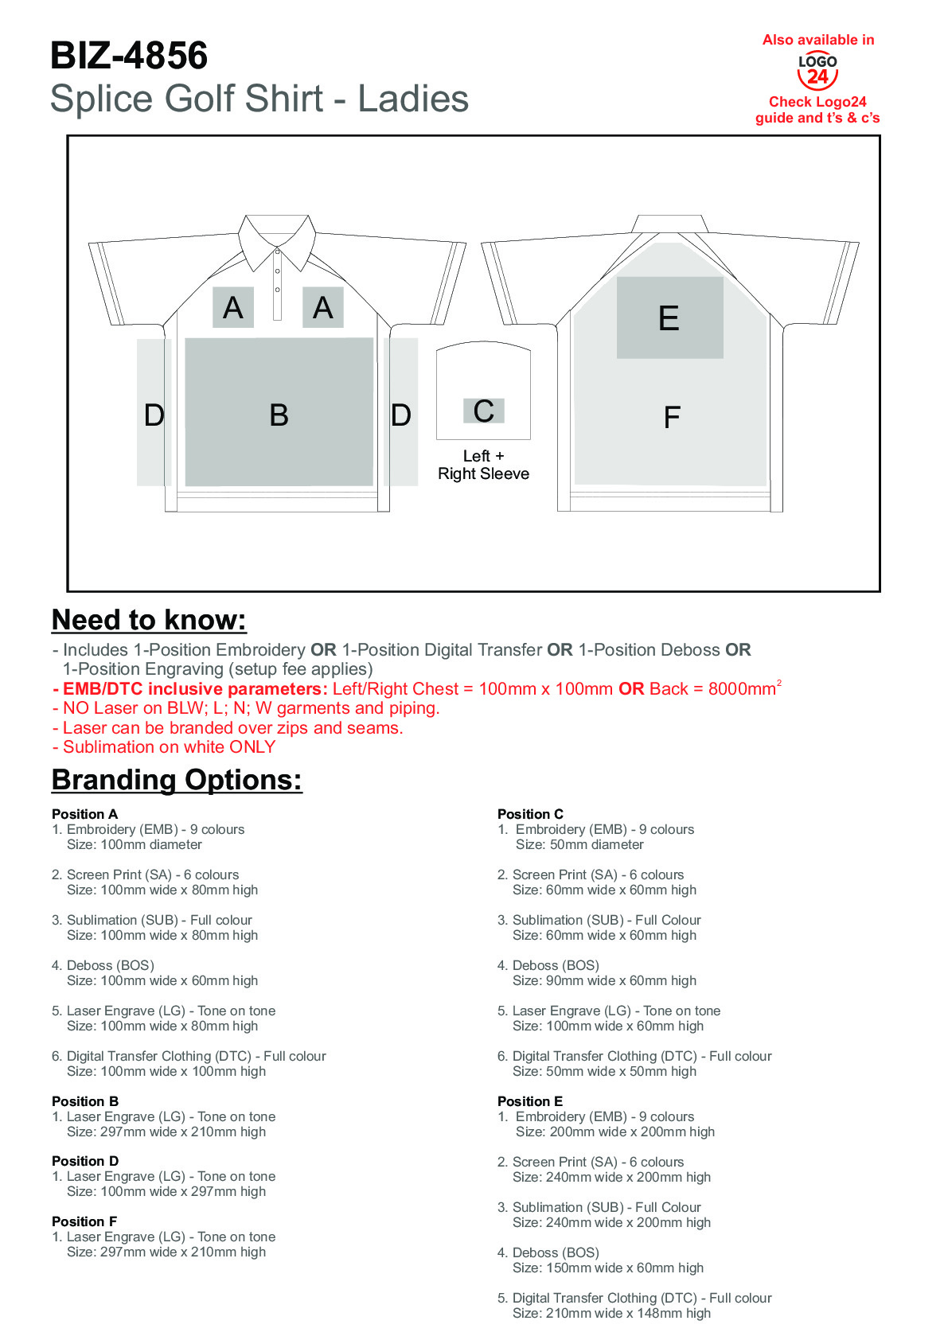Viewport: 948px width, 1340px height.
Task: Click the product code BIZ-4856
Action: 129,56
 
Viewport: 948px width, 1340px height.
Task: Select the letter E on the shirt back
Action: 669,318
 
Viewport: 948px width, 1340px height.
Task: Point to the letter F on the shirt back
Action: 672,417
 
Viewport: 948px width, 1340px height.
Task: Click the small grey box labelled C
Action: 484,411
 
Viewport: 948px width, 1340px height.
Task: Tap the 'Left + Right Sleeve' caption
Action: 483,465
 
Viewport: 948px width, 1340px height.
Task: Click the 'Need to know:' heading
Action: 149,620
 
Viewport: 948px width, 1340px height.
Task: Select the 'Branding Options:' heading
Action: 177,780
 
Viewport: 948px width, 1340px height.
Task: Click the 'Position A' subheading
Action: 84,814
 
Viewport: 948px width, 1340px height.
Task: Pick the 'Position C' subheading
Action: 530,814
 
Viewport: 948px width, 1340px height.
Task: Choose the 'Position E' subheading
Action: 530,1101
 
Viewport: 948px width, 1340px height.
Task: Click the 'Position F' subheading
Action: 84,1221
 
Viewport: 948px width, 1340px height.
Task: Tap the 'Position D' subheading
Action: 85,1161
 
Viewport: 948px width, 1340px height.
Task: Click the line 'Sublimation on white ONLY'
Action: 169,747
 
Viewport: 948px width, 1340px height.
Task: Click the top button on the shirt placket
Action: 277,255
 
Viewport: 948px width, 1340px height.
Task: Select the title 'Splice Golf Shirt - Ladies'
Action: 259,99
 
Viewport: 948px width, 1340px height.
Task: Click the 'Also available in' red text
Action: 818,40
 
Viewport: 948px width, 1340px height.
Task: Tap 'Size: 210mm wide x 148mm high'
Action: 611,1313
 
